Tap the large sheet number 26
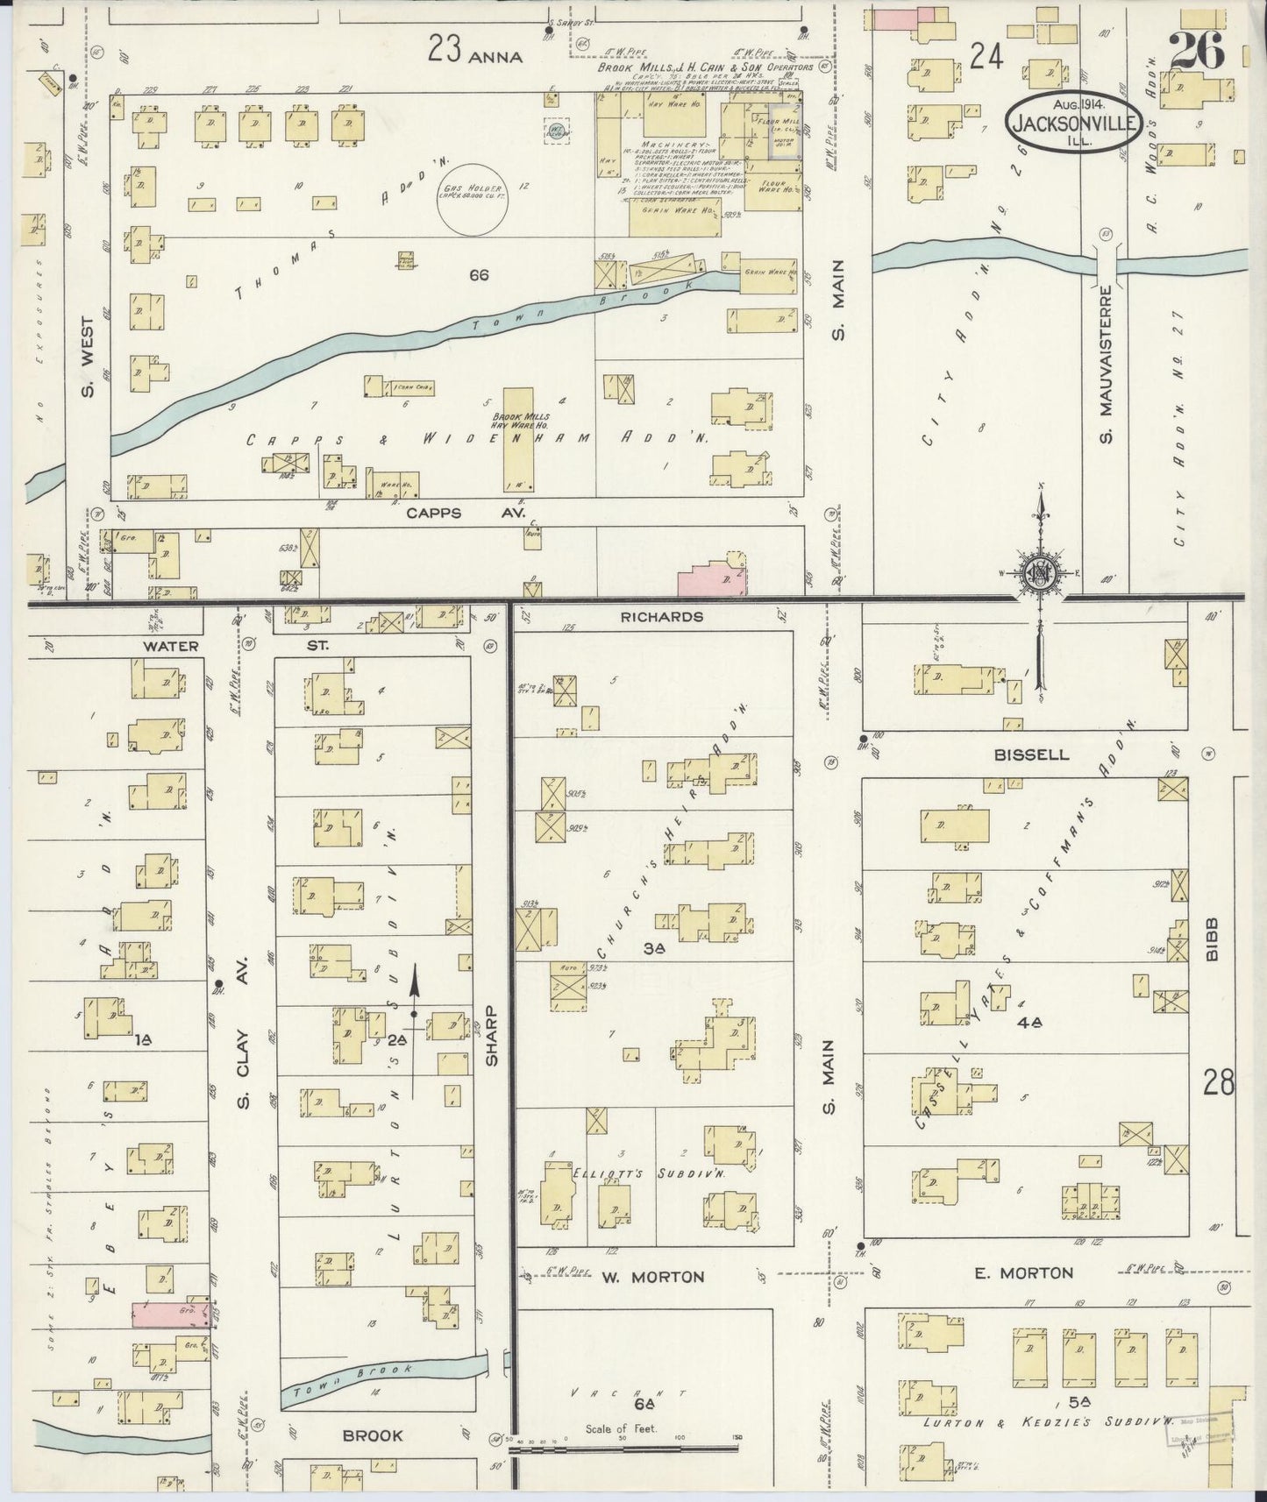[x=1195, y=52]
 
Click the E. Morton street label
[x=1023, y=1272]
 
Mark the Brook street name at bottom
[x=373, y=1435]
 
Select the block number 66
[x=478, y=275]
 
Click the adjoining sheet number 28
[x=1219, y=1084]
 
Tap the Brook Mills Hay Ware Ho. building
[x=520, y=438]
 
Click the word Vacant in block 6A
[x=625, y=1392]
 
